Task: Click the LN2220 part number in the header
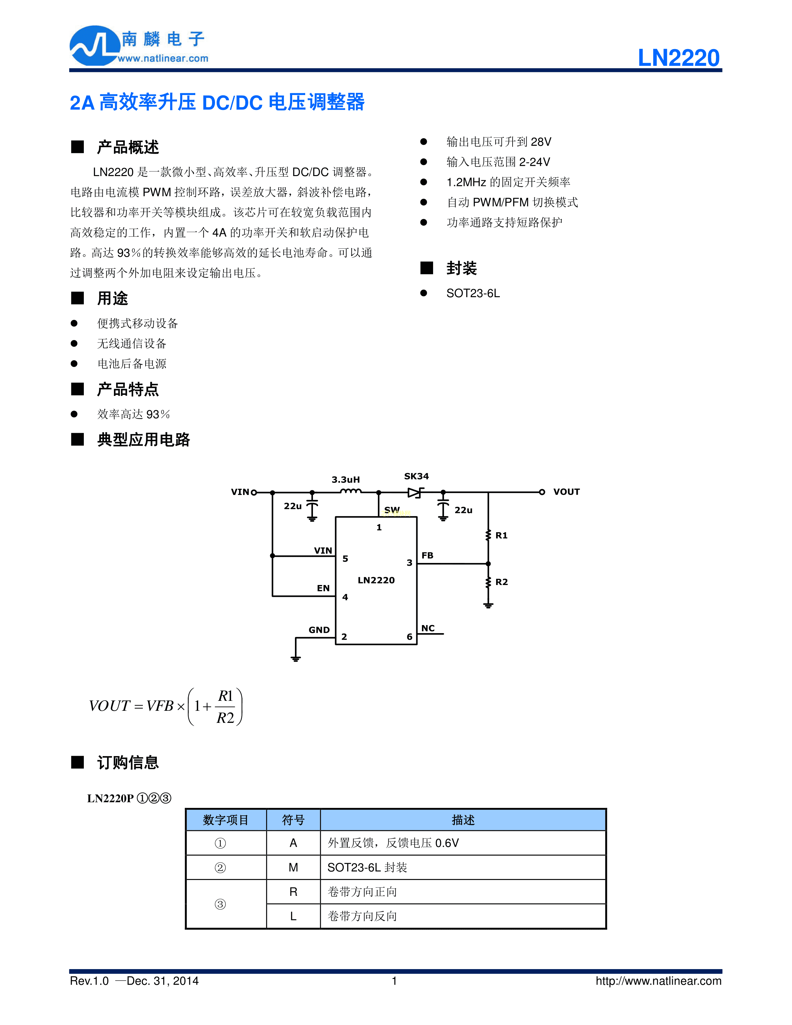678,58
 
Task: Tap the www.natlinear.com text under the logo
163,59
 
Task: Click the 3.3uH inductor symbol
351,491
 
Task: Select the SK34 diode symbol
415,492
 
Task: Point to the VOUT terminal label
566,492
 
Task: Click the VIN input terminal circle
254,492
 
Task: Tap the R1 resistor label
501,536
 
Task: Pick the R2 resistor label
501,582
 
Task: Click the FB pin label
427,555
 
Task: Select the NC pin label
428,628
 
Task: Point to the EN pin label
323,588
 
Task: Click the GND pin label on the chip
319,630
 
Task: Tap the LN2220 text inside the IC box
376,580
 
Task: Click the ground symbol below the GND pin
296,658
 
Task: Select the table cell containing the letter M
293,867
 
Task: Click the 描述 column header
463,820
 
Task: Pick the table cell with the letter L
293,916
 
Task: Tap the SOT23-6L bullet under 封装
473,293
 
